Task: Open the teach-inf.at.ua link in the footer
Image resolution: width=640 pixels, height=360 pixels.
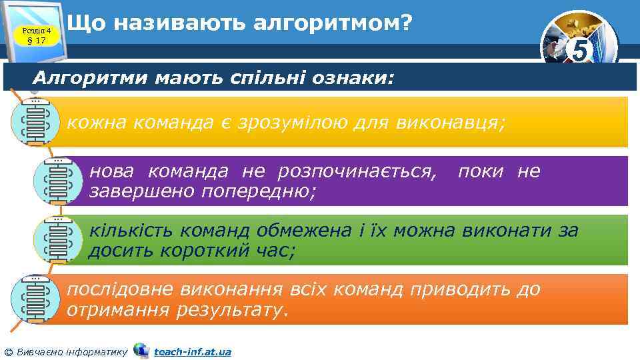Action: click(192, 351)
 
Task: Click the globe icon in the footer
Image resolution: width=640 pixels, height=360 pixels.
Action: click(141, 350)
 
